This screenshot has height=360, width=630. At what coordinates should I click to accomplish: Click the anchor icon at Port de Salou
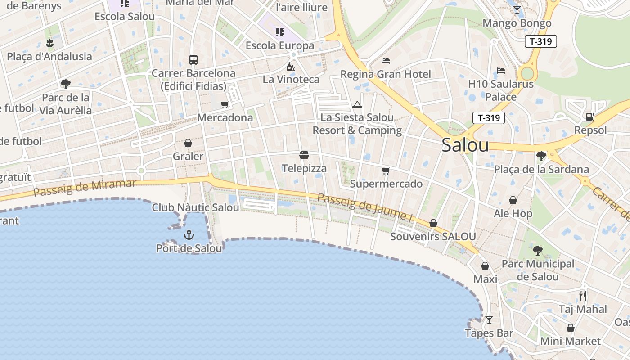[x=189, y=234]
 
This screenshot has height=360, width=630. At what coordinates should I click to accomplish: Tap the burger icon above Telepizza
[x=304, y=156]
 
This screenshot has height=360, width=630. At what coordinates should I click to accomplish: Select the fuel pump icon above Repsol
[x=590, y=117]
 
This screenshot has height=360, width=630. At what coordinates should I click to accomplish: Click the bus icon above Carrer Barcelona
[x=193, y=59]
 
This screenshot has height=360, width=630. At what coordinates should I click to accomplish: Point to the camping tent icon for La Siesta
[x=357, y=105]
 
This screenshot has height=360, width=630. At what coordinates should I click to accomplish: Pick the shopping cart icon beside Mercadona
[x=225, y=105]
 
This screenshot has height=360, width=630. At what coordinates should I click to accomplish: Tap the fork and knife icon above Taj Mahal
[x=583, y=296]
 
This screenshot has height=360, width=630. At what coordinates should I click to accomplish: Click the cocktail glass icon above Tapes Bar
[x=489, y=320]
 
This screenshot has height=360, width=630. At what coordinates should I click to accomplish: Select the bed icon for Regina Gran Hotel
[x=386, y=61]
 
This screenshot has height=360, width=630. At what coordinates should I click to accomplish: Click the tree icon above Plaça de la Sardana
[x=541, y=156]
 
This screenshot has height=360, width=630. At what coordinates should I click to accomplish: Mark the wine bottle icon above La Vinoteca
[x=291, y=67]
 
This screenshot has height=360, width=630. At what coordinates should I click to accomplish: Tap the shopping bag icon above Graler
[x=188, y=144]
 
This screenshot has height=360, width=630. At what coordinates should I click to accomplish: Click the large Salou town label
[x=465, y=145]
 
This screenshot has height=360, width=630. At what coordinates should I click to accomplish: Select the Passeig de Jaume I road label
[x=365, y=207]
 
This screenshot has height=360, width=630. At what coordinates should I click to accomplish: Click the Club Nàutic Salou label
[x=195, y=207]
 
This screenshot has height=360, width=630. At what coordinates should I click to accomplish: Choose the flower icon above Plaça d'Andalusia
[x=49, y=43]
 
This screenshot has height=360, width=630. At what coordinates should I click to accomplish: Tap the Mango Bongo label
[x=517, y=23]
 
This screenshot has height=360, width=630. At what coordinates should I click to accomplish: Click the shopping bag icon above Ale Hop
[x=513, y=200]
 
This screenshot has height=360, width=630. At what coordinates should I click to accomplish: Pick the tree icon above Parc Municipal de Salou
[x=537, y=251]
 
